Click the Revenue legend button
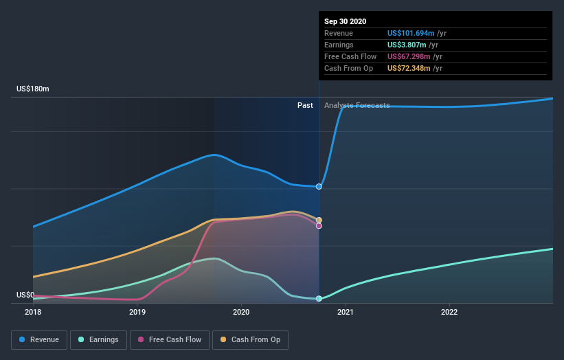tap(40, 339)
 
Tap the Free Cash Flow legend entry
tap(169, 339)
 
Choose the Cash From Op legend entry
tap(251, 339)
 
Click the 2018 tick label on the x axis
tap(33, 312)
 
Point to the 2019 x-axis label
tap(137, 312)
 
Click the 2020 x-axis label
tap(241, 312)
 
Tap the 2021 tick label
tap(346, 312)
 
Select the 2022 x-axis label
tap(449, 312)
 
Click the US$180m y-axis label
tap(33, 89)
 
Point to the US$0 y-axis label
tap(26, 295)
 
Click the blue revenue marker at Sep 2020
tap(319, 186)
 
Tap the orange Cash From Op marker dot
tap(319, 220)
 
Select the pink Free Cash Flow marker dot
tap(319, 225)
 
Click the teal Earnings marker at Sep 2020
tap(319, 298)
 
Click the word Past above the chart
tap(305, 105)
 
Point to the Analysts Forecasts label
tap(357, 105)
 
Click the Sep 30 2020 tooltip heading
tap(345, 21)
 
